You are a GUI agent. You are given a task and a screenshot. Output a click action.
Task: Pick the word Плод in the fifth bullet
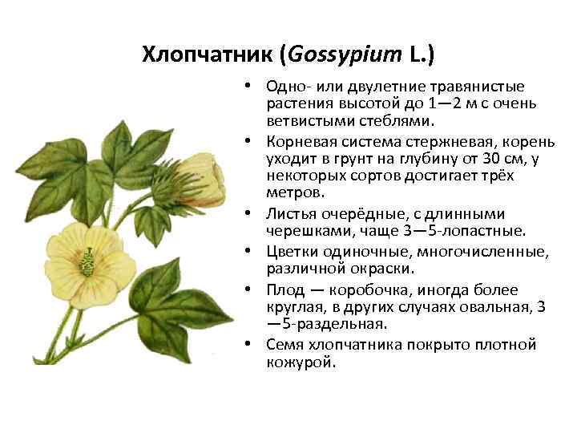285,289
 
